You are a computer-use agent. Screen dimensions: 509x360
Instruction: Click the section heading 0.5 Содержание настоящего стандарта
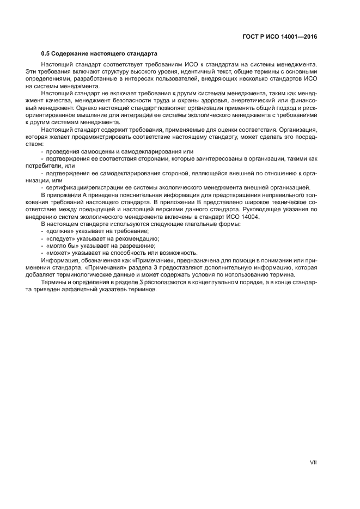(x=99, y=54)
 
